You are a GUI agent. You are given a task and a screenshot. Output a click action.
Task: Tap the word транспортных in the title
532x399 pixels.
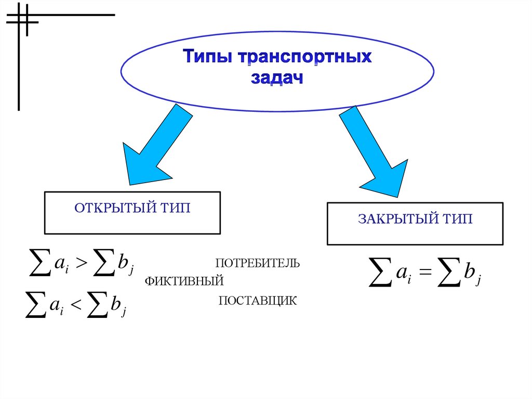(305, 57)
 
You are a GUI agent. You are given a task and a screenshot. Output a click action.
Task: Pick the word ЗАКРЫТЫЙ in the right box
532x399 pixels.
(398, 219)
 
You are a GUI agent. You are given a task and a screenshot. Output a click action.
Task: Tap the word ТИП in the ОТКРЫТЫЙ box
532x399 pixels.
(175, 208)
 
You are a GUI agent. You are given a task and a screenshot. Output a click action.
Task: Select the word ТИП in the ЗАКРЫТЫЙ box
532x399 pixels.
(457, 219)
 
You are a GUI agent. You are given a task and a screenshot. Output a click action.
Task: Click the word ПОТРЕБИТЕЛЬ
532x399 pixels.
(258, 262)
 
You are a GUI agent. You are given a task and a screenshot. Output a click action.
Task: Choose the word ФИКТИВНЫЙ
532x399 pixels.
(184, 281)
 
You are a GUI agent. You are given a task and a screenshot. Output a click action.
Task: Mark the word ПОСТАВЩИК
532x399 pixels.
(257, 301)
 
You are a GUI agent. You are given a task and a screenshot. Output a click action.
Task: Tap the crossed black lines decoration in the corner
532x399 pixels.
(22, 21)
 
